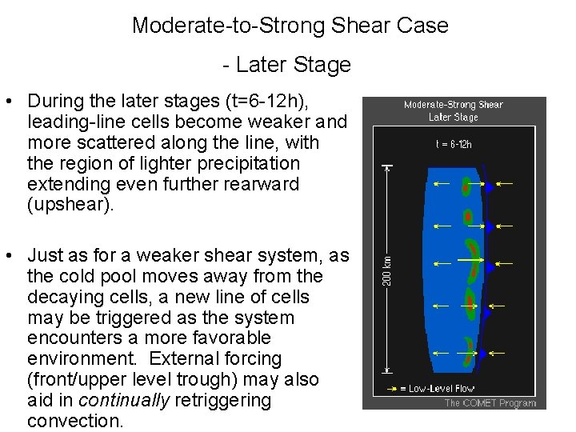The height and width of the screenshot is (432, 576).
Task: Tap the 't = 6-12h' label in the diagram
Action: coord(454,144)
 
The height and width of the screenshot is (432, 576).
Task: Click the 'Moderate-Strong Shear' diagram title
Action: coord(454,105)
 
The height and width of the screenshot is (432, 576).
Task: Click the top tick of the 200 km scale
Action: coord(388,166)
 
